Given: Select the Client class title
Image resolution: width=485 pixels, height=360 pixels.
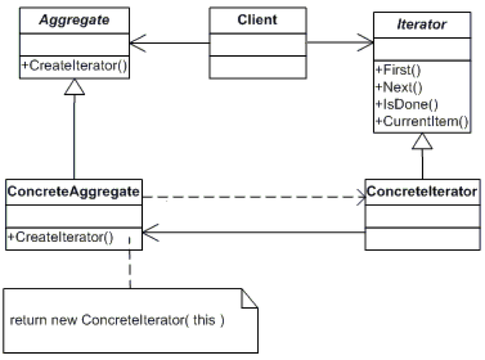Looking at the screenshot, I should [x=258, y=20].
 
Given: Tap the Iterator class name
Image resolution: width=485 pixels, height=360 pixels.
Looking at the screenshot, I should [x=422, y=24].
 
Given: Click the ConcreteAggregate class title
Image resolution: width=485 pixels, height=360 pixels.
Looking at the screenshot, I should [x=74, y=191].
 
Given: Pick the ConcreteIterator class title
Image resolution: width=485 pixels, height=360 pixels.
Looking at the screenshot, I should [x=422, y=191].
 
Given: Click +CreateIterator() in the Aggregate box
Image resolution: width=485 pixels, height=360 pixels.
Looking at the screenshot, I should [x=74, y=65].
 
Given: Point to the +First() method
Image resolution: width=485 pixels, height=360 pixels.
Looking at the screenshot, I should [x=392, y=71].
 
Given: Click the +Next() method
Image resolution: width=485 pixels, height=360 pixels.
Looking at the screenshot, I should [x=392, y=87].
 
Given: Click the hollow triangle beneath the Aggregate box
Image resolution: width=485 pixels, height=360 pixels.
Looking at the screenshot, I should [x=75, y=87].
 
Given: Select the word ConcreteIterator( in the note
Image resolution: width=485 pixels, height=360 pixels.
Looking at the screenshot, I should [x=143, y=320].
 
